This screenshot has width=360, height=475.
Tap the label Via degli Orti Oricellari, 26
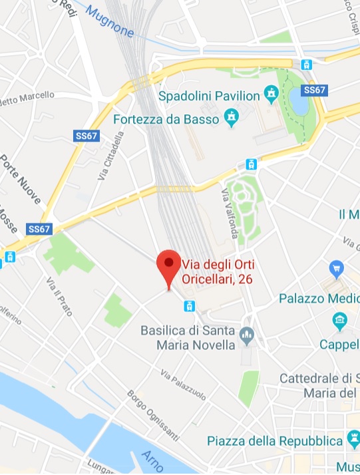point(218,272)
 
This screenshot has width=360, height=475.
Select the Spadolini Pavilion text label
point(209,96)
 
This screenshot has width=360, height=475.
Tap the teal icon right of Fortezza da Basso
point(231,119)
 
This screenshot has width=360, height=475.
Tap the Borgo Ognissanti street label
point(152,416)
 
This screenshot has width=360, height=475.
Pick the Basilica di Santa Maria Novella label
point(188,338)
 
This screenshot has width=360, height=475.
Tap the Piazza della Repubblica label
point(274,441)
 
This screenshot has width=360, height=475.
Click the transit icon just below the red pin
point(190,305)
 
